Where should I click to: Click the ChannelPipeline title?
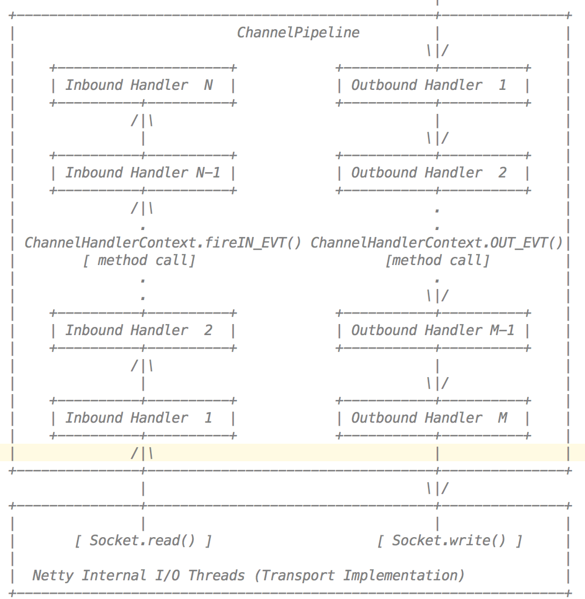point(298,32)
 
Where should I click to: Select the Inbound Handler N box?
point(142,85)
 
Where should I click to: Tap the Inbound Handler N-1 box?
point(142,173)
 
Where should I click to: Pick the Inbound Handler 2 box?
point(142,330)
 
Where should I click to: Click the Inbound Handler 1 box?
point(142,418)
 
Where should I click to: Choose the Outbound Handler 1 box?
point(433,85)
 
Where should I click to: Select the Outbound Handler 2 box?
point(433,173)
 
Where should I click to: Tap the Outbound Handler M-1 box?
point(433,330)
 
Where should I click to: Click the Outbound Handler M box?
point(433,418)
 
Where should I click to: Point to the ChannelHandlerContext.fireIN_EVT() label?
point(163,243)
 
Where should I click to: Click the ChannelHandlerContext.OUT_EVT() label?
point(436,243)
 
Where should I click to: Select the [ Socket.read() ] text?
point(143,541)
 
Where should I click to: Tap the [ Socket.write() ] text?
point(449,541)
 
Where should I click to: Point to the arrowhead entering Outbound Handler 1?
point(437,51)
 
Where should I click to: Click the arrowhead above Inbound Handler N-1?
point(142,121)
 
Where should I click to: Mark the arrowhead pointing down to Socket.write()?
point(437,489)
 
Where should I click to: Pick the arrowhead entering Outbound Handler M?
point(437,384)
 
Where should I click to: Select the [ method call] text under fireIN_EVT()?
point(138,260)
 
